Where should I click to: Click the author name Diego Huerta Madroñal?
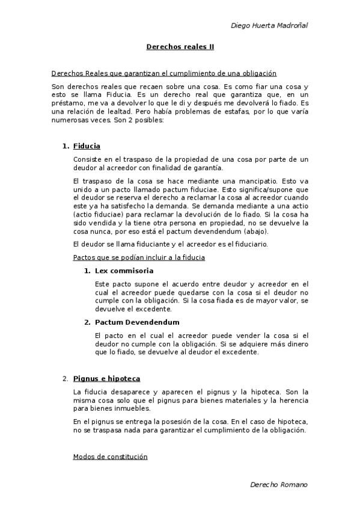point(269,25)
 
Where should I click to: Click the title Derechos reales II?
point(180,46)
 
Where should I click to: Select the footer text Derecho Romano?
point(278,484)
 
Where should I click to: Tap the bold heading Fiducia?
point(87,146)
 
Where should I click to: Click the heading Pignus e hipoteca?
point(106,378)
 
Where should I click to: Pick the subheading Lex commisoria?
point(124,271)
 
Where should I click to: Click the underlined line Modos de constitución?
point(110,456)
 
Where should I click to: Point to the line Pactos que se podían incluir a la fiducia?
point(139,257)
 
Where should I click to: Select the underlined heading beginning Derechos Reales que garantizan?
point(163,73)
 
